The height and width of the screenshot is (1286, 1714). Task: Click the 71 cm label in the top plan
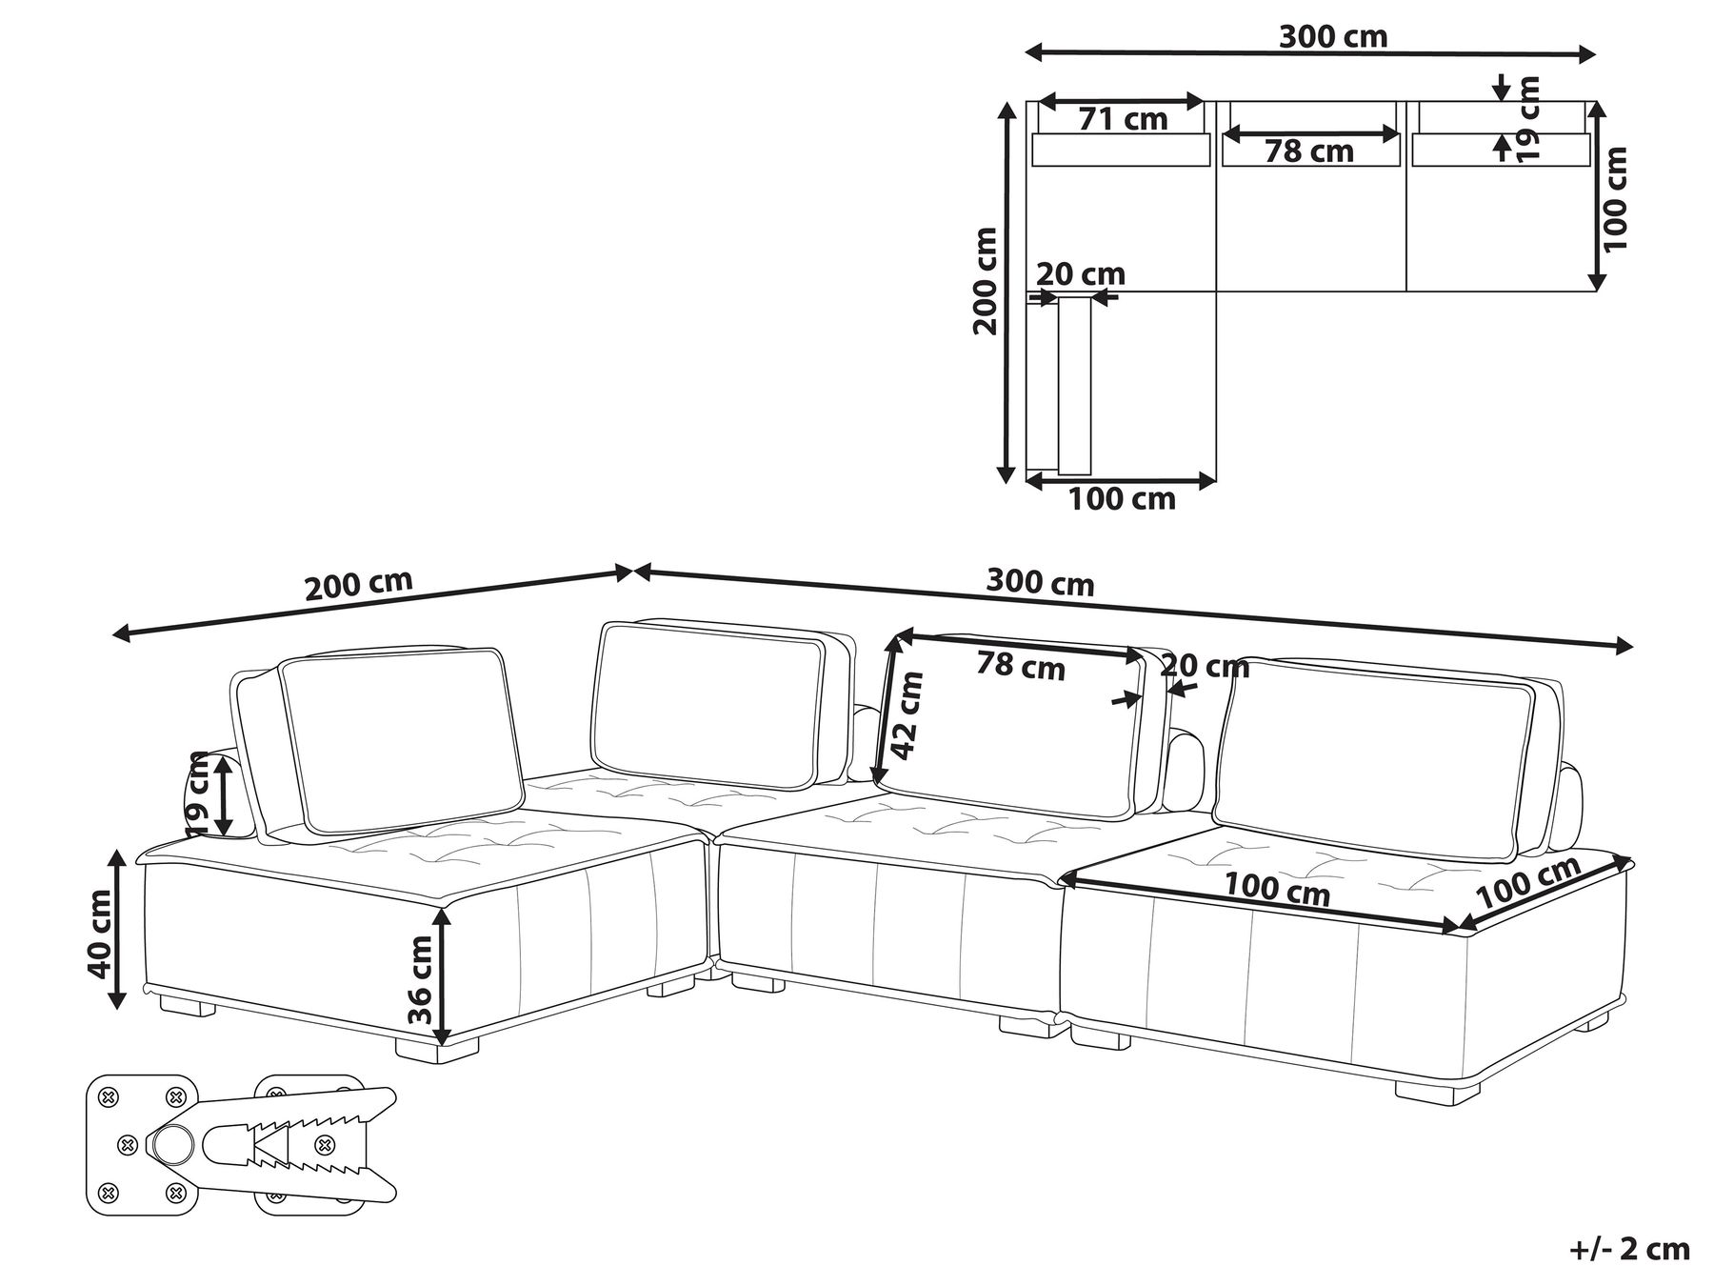[x=1123, y=119]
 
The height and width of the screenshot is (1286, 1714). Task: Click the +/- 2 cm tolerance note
[x=1629, y=1249]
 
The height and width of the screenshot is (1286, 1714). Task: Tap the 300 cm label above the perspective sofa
[x=1040, y=582]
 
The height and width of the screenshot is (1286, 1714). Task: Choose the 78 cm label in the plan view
[x=1309, y=151]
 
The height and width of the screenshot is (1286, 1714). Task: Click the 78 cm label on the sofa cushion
[x=1020, y=666]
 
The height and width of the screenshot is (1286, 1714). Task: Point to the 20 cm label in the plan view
[x=1080, y=274]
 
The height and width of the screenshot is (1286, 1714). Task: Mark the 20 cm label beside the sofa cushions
[x=1205, y=667]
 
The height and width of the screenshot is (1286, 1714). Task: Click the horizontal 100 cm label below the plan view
[x=1122, y=498]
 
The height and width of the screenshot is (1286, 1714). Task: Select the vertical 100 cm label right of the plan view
[x=1617, y=198]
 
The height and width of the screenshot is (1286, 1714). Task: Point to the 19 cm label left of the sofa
[x=198, y=793]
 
